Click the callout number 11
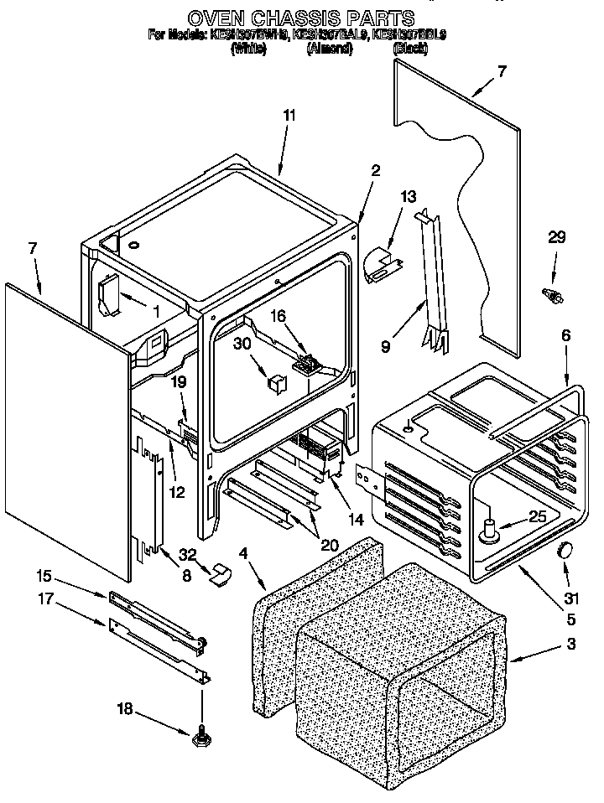(x=289, y=116)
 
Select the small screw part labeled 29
(x=554, y=295)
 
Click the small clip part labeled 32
(x=221, y=573)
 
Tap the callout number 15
(x=44, y=576)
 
